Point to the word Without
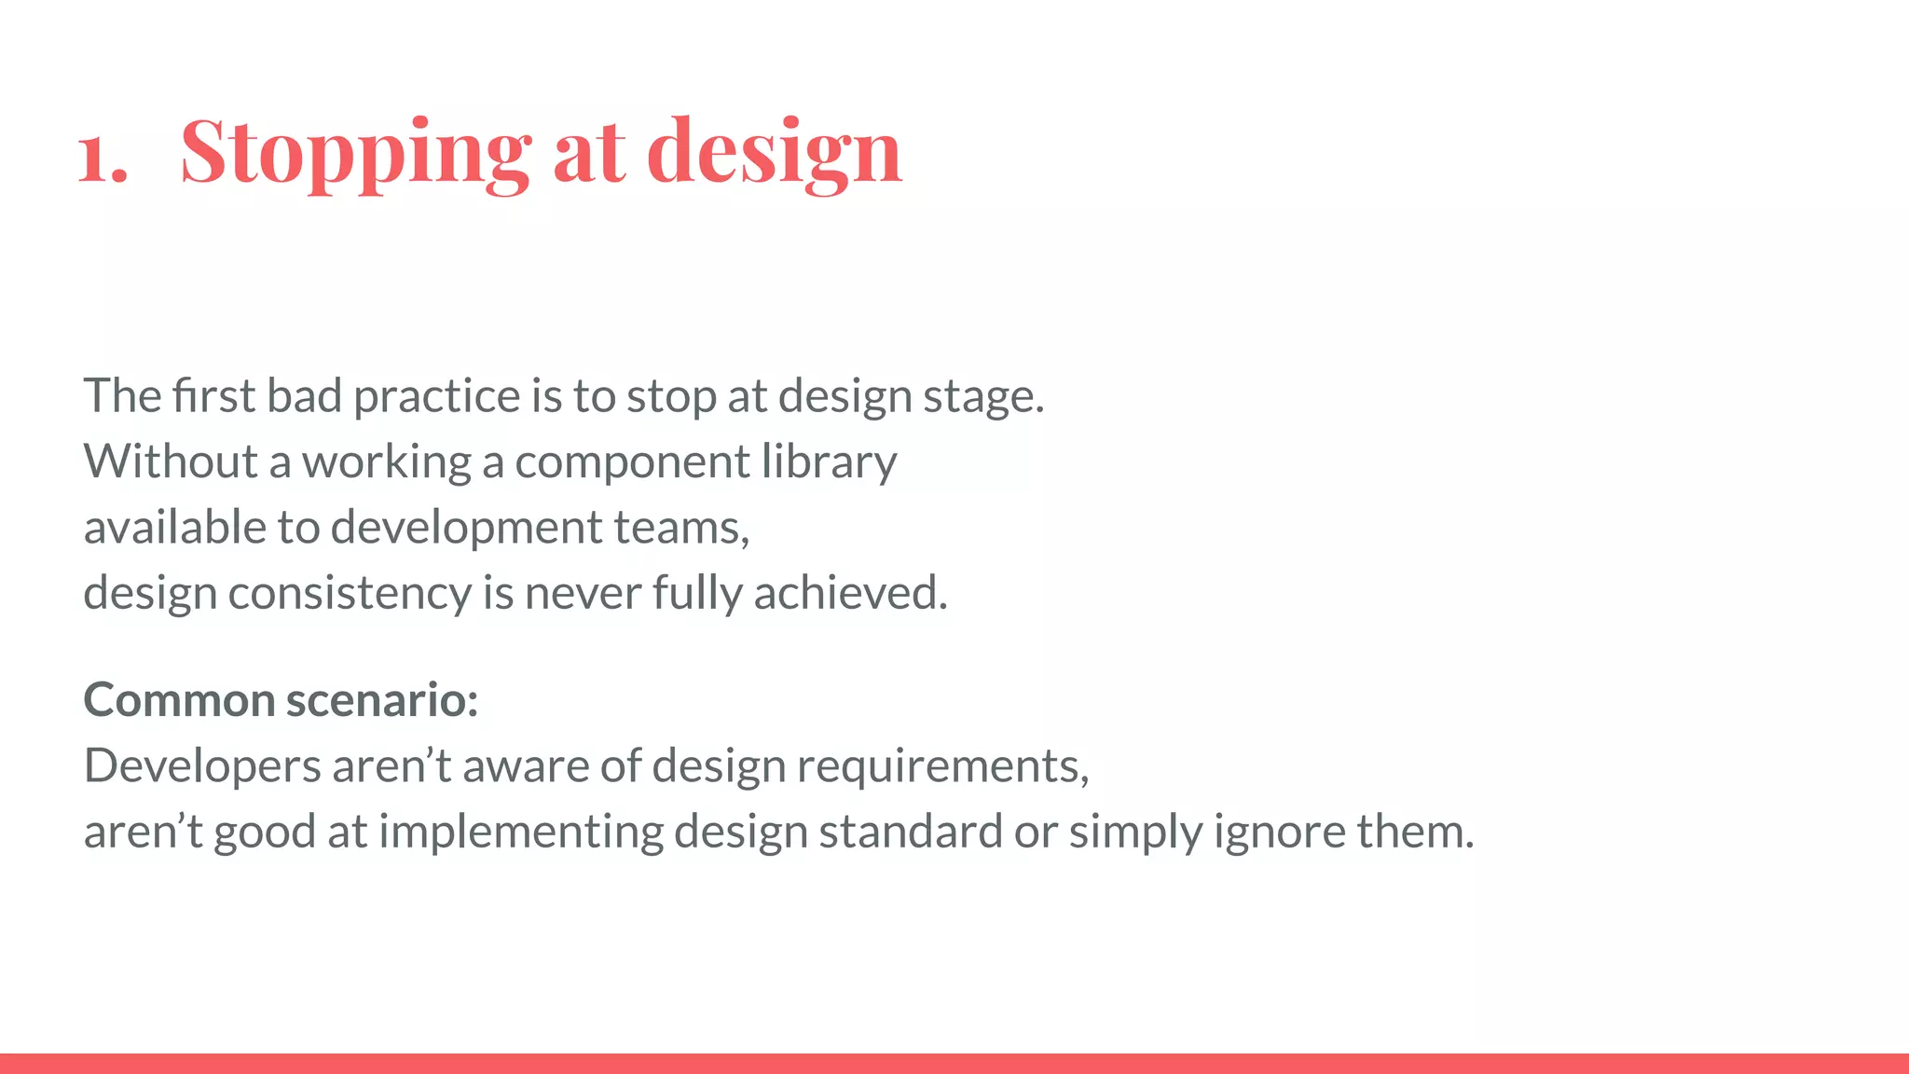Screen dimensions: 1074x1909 coord(171,461)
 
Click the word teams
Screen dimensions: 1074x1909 coord(680,528)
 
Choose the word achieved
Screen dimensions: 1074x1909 coord(849,593)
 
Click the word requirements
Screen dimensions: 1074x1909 coord(941,767)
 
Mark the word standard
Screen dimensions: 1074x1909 coord(910,832)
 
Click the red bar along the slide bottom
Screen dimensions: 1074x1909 coord(954,1063)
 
